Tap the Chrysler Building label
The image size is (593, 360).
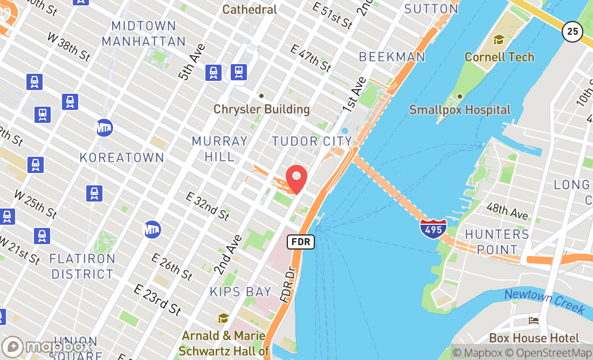coord(261,109)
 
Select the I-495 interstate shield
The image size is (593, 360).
coord(433,227)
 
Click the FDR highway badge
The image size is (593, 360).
coord(300,241)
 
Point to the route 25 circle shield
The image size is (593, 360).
coord(572,32)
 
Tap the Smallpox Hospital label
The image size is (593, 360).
coord(460,109)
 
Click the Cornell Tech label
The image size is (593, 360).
coord(499,57)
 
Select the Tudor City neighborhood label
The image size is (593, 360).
coord(312,141)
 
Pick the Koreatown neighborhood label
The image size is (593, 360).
coord(122,157)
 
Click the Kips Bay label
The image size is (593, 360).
coord(240,292)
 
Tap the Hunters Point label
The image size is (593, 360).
coord(497,242)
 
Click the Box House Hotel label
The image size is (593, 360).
coord(534,338)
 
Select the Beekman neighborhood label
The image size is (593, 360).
coord(392,57)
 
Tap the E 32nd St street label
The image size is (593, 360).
coord(208,206)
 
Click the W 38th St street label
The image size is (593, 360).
coord(69,46)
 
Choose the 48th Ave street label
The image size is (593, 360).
coord(507,211)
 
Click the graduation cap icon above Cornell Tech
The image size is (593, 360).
coord(499,40)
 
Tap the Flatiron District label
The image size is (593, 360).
coord(82,266)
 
